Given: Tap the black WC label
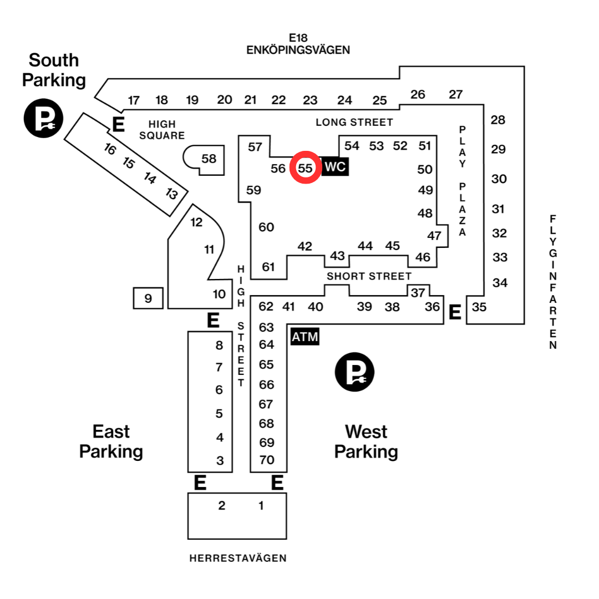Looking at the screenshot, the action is (x=335, y=166).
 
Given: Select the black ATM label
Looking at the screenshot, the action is (x=305, y=337).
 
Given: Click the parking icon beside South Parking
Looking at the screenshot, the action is (x=44, y=118).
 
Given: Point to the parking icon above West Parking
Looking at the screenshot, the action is (x=354, y=372).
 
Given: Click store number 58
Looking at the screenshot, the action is (x=209, y=159).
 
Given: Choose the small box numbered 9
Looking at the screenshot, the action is (x=148, y=298).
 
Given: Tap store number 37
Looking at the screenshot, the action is (x=418, y=293).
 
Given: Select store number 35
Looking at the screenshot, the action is (x=479, y=307).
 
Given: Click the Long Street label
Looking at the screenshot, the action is (x=354, y=122).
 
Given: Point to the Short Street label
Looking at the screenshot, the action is (x=369, y=276).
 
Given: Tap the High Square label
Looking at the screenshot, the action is (x=162, y=130).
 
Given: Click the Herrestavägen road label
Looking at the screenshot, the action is (x=238, y=558).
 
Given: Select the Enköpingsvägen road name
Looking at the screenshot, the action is (x=298, y=50).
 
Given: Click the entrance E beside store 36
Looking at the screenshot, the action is (x=455, y=312).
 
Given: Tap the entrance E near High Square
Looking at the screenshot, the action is (x=119, y=124).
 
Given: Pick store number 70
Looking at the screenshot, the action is (x=267, y=460).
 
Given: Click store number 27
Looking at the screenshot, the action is (x=456, y=94).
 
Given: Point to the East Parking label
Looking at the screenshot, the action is (x=111, y=441).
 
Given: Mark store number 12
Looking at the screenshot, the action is (x=196, y=222).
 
